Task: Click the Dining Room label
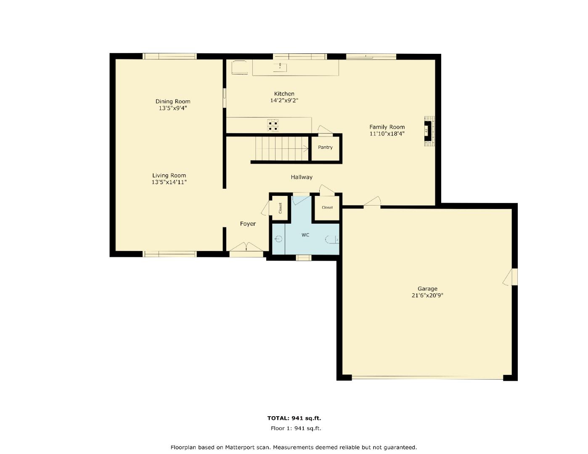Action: point(172,101)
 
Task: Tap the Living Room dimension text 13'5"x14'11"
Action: point(169,182)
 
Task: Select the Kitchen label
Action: point(284,94)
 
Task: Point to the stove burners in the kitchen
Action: point(273,126)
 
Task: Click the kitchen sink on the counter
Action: point(280,67)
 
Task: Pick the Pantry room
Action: point(325,148)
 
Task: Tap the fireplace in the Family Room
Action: point(428,131)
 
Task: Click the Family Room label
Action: point(387,127)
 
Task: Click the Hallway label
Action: point(302,177)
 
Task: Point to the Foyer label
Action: point(248,224)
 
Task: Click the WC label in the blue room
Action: point(305,235)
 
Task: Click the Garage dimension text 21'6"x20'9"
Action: point(427,296)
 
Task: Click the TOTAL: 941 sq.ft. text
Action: point(294,418)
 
